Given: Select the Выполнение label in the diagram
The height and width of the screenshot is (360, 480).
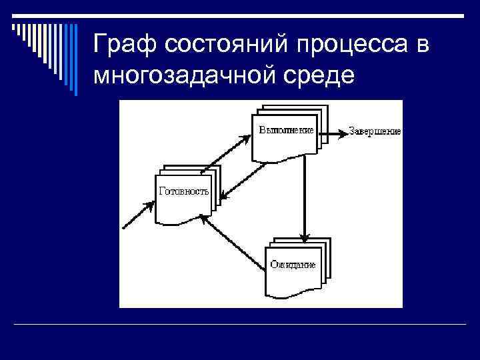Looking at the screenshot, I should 286,131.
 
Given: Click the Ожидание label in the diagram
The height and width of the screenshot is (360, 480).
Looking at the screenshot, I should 293,265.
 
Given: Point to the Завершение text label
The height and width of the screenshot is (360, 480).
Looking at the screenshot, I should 375,131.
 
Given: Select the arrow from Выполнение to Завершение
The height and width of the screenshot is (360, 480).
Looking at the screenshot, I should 332,131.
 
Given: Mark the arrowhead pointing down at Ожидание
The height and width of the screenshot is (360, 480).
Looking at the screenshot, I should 304,237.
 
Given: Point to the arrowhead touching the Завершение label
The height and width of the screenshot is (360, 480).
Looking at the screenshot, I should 343,131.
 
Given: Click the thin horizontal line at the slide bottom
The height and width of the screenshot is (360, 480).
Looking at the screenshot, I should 240,325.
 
